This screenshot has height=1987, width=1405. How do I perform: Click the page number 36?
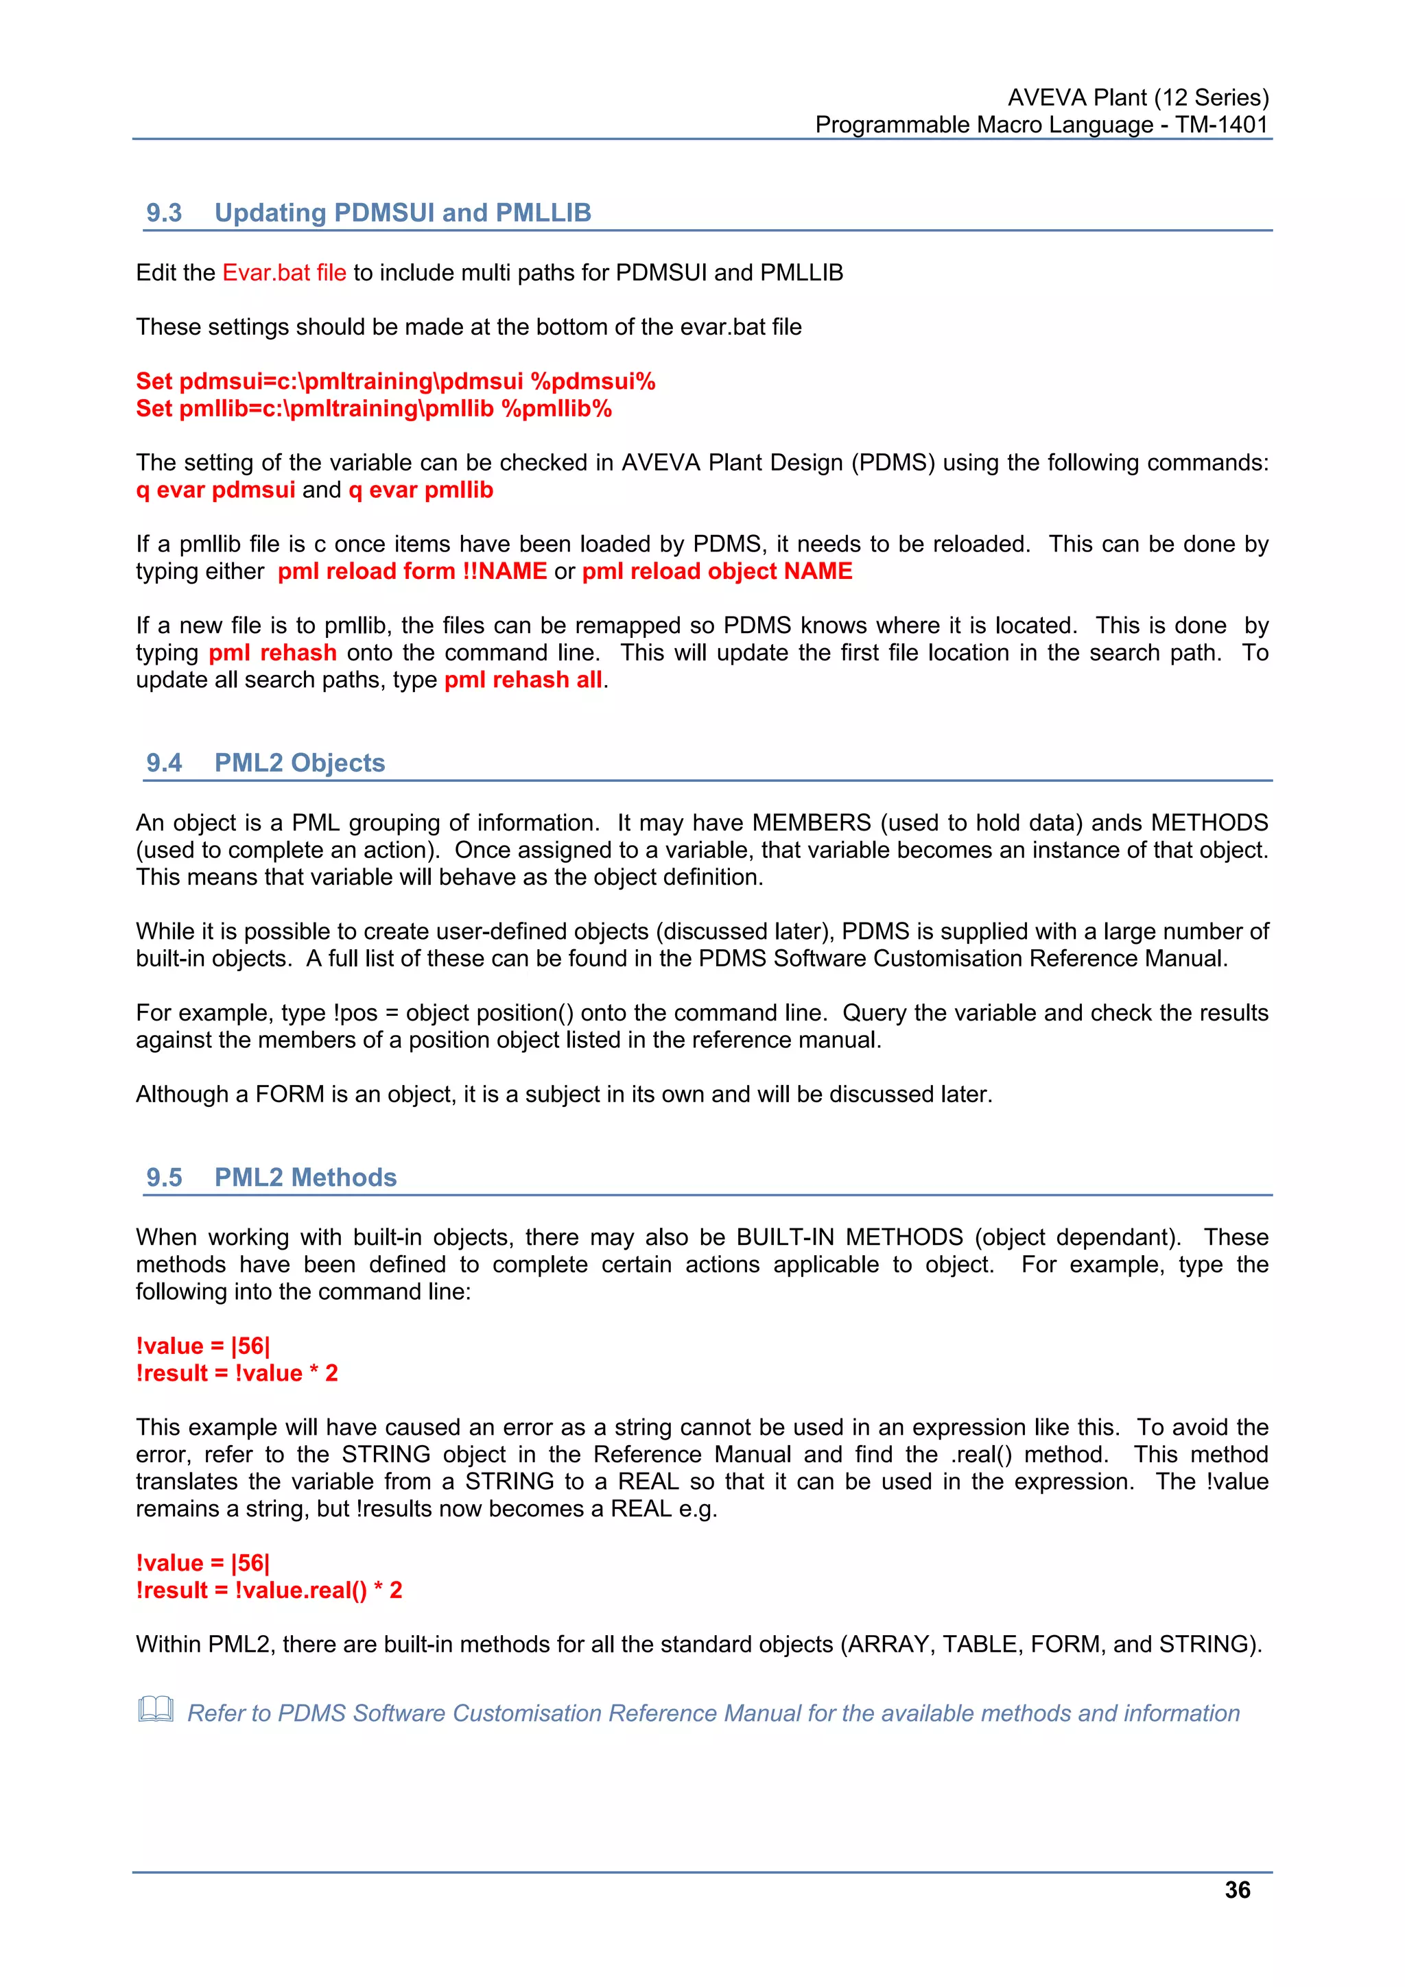1236,1890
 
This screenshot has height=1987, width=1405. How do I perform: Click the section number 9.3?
163,213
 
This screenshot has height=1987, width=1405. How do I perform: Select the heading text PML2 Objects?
300,763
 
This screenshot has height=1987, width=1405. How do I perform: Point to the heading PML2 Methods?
305,1177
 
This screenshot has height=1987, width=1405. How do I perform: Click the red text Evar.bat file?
284,272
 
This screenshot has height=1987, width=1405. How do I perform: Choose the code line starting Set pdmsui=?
396,381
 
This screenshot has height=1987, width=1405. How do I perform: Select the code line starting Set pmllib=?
374,409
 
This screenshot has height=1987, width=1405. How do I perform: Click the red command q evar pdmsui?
215,490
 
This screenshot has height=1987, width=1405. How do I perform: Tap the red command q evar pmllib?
421,490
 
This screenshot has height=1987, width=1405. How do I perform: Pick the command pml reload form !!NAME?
412,571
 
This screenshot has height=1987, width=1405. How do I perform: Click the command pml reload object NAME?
717,571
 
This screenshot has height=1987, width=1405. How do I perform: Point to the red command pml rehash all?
523,680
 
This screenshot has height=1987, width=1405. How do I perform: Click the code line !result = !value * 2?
237,1372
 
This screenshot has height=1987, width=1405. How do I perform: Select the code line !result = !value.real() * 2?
269,1590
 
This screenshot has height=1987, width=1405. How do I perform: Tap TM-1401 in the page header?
1220,125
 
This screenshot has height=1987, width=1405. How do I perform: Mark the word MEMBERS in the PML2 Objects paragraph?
811,822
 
